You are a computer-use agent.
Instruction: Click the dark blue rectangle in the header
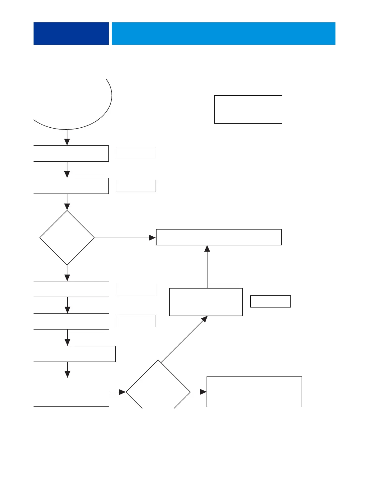point(71,34)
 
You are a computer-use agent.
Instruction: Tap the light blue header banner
point(223,34)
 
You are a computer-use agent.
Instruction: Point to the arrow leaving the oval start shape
point(67,137)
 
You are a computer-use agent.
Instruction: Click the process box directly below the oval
point(71,153)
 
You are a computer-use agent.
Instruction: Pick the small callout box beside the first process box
point(136,153)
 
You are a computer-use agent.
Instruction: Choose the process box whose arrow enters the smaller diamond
point(71,186)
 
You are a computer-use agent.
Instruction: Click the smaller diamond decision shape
point(67,238)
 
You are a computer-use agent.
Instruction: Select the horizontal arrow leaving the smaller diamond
point(125,238)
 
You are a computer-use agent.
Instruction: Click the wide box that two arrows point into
point(219,237)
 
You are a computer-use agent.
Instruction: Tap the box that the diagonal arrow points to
point(206,302)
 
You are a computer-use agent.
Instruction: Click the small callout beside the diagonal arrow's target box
point(270,301)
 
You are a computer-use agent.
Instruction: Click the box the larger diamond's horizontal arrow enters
point(254,392)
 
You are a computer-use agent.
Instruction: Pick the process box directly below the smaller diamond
point(71,289)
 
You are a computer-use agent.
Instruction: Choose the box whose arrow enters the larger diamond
point(71,392)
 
